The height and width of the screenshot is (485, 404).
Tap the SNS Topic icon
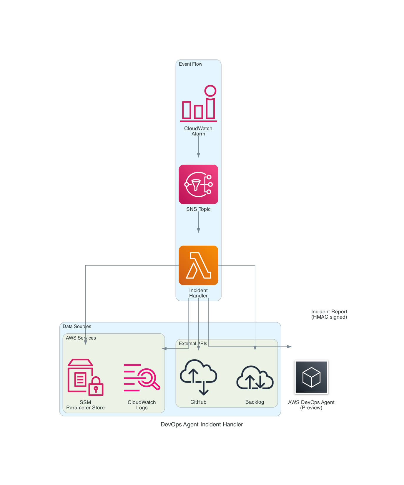coord(198,184)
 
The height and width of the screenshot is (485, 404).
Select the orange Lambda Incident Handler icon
coord(198,265)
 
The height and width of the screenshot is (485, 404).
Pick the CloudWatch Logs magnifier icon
coord(142,377)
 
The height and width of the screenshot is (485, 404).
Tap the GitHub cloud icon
coord(198,377)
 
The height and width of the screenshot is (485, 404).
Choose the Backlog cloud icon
coord(255,378)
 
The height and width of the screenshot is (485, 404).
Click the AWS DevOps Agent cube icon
coord(311,377)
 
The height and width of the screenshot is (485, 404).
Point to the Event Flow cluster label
coord(190,64)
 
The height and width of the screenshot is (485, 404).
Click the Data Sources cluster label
coord(77,326)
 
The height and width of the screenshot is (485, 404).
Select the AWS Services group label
coord(81,338)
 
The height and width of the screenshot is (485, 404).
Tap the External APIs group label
coord(193,343)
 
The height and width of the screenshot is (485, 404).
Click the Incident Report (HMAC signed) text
coord(329,314)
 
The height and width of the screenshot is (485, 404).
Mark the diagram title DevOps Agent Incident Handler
coord(202,424)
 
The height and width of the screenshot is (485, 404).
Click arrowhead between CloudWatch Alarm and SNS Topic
coord(198,155)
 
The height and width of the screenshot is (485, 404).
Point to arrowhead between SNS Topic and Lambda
coord(198,231)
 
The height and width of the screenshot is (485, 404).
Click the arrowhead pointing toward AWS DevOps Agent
coord(289,347)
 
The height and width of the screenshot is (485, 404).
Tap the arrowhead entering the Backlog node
coord(255,348)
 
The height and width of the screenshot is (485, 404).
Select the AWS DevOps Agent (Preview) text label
coord(311,405)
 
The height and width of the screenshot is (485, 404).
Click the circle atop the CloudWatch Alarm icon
coord(210,91)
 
